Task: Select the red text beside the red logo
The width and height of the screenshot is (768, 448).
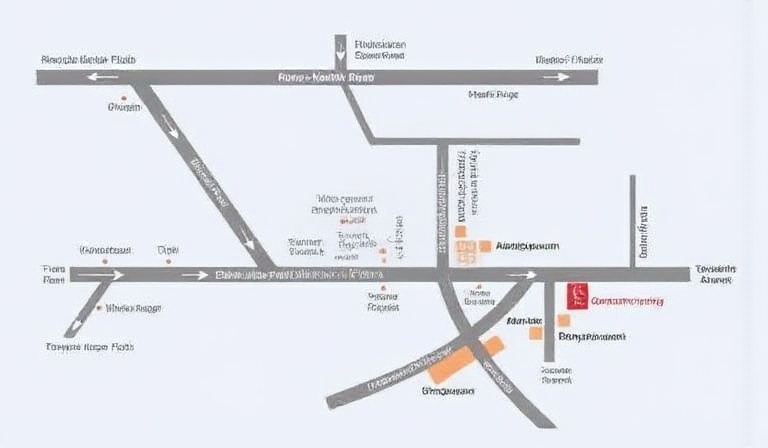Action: (x=627, y=301)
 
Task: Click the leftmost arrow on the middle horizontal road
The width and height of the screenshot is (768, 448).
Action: (x=101, y=274)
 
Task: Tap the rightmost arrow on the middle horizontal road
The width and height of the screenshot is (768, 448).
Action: (x=520, y=274)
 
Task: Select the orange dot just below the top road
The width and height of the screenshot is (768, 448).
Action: (x=123, y=100)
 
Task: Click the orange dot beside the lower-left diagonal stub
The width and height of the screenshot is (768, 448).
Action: (x=97, y=308)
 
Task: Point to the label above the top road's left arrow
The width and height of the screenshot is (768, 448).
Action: (x=88, y=60)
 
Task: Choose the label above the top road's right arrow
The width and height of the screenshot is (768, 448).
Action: (x=569, y=60)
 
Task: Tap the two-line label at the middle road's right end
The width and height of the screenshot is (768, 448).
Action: (x=715, y=275)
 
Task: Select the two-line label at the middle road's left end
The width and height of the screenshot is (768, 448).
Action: (x=53, y=275)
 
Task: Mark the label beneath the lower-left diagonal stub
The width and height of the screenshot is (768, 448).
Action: (x=89, y=347)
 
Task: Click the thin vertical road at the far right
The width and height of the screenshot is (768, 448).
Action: (x=633, y=220)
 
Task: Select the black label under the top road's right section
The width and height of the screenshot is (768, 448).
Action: (x=494, y=95)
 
